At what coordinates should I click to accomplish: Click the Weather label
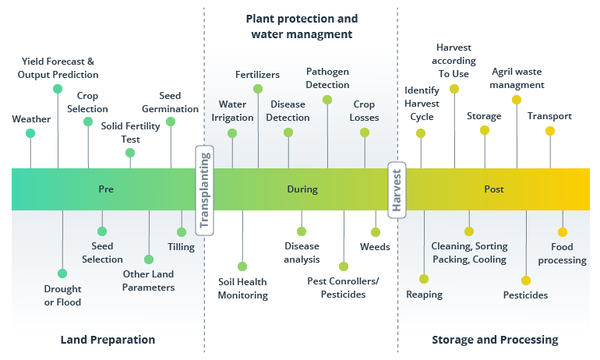pyautogui.click(x=31, y=119)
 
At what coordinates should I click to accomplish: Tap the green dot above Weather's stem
pyautogui.click(x=30, y=133)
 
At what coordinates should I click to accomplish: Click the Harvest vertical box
pyautogui.click(x=397, y=189)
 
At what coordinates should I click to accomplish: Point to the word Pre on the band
pyautogui.click(x=106, y=189)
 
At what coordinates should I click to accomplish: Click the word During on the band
pyautogui.click(x=302, y=189)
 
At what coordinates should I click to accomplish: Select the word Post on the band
pyautogui.click(x=493, y=189)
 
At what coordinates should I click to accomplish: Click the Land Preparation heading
pyautogui.click(x=108, y=340)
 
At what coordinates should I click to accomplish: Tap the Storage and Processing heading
pyautogui.click(x=495, y=340)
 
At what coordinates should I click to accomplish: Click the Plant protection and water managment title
pyautogui.click(x=302, y=26)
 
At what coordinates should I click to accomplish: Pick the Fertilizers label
pyautogui.click(x=257, y=75)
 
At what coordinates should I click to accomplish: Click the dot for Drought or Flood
pyautogui.click(x=62, y=274)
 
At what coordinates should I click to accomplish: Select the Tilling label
pyautogui.click(x=181, y=247)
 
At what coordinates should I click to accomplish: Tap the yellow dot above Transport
pyautogui.click(x=550, y=131)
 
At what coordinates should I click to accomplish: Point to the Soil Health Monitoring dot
pyautogui.click(x=242, y=266)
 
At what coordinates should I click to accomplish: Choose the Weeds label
pyautogui.click(x=375, y=247)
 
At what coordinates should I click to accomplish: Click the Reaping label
pyautogui.click(x=425, y=295)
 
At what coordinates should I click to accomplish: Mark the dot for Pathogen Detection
pyautogui.click(x=327, y=100)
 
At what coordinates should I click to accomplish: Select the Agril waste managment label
pyautogui.click(x=517, y=78)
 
